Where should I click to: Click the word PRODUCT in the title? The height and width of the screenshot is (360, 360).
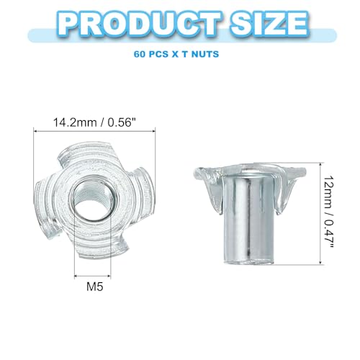(139, 24)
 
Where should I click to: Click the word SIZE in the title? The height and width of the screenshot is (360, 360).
(269, 24)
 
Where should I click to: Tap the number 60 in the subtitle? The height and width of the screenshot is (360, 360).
(140, 54)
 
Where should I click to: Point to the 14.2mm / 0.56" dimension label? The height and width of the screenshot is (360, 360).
(94, 122)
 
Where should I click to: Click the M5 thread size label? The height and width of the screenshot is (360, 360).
(95, 287)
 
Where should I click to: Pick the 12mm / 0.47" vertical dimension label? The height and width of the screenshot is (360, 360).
(328, 213)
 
